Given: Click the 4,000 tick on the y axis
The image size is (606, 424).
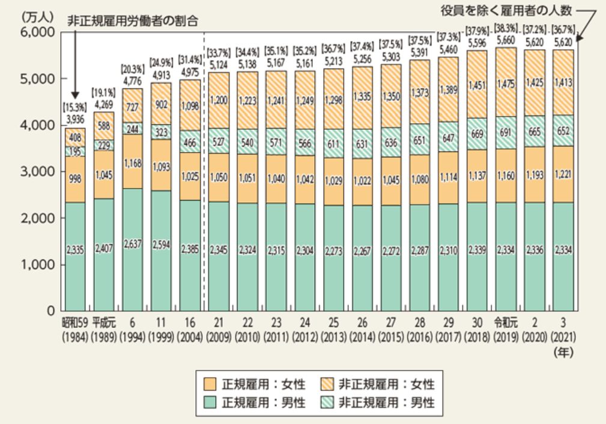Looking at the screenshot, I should point(37,125).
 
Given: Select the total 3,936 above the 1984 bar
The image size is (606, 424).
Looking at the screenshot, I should point(74,120).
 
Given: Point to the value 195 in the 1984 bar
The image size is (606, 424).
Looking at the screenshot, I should point(74,151).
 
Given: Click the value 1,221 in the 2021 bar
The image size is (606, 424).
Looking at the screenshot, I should point(563,178).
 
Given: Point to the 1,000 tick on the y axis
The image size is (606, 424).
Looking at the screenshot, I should point(37,264).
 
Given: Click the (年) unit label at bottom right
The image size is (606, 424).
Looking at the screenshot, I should point(564,353).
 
